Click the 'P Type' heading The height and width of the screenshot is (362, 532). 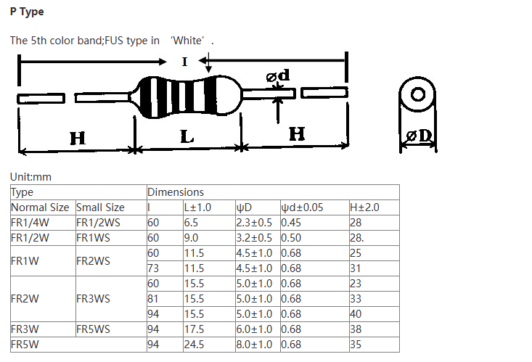click(27, 12)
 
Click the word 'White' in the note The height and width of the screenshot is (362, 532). click(188, 41)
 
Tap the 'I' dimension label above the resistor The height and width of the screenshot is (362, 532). click(184, 62)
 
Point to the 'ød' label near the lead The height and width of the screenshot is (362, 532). click(278, 75)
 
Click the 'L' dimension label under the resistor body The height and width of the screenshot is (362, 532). click(187, 136)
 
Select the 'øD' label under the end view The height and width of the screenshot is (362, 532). click(419, 136)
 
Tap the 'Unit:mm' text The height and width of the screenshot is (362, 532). click(30, 177)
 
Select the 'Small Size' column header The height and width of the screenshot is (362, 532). click(100, 207)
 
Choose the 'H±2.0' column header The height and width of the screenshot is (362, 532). click(364, 207)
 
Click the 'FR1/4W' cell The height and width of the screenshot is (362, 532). click(30, 223)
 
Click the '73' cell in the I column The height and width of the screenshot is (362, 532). click(153, 268)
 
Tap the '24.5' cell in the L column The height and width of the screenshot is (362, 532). click(194, 345)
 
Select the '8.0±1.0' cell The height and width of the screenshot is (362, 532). click(254, 345)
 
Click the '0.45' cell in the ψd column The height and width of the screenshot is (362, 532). click(291, 223)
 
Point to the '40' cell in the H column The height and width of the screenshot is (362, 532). click(356, 314)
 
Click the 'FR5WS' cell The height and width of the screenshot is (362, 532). click(93, 329)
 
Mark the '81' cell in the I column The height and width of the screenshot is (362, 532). click(152, 299)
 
